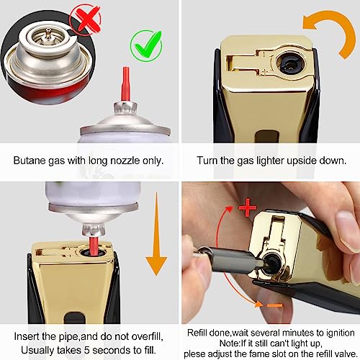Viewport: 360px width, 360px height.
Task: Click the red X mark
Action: (x=86, y=19)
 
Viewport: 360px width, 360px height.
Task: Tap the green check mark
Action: (x=147, y=45)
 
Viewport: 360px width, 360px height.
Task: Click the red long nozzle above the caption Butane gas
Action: (x=125, y=84)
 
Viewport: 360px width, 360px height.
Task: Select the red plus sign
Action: (x=248, y=207)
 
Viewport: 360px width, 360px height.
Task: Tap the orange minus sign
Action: (x=274, y=305)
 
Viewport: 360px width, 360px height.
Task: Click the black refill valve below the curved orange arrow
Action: (x=291, y=63)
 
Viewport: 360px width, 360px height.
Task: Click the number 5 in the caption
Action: (x=86, y=350)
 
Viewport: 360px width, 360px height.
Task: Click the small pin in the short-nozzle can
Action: (x=48, y=32)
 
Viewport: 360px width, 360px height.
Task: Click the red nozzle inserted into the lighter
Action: (x=94, y=246)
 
